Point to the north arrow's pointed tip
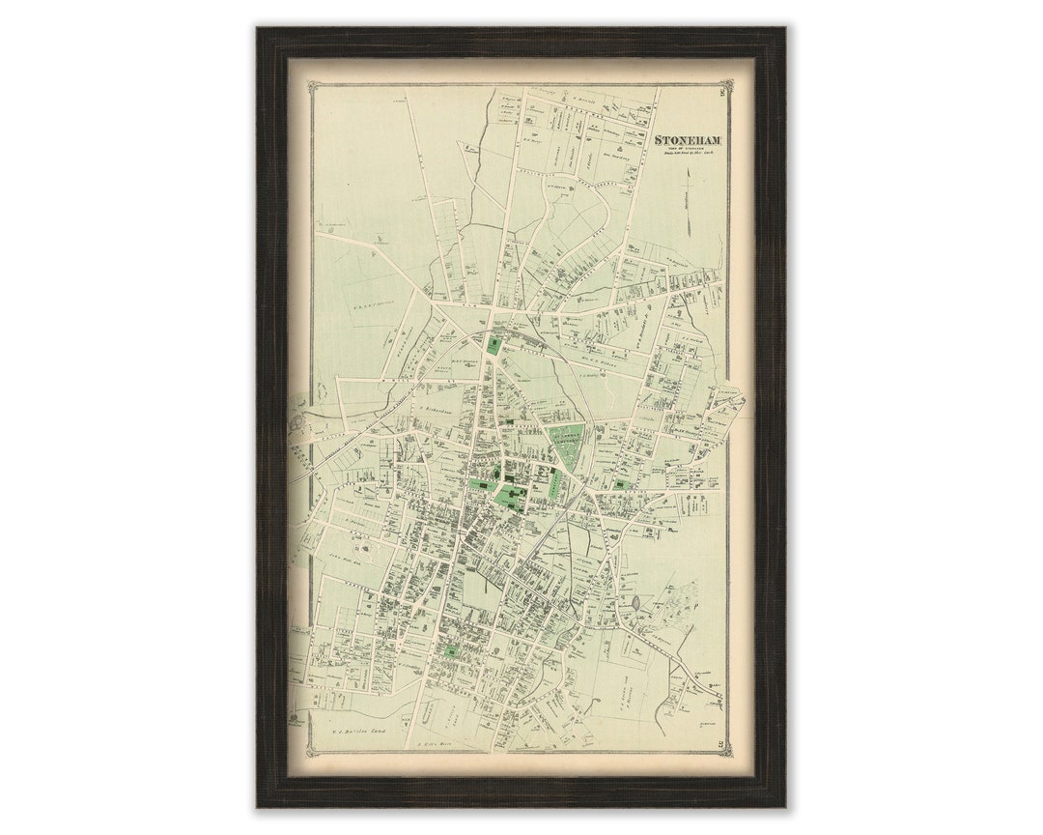[688, 169]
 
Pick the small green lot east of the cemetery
[619, 485]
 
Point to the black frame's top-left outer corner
[257, 28]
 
